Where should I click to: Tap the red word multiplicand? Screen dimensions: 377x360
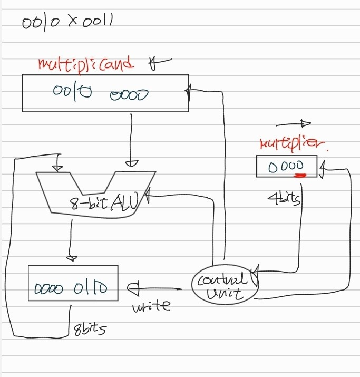pos(86,64)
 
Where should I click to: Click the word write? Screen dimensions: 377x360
pos(152,305)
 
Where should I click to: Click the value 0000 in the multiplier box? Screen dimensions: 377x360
pos(286,167)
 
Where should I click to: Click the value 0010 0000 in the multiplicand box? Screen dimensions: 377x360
pos(100,93)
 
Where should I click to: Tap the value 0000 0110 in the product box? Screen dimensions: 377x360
pos(71,288)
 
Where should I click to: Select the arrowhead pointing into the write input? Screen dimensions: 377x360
pos(132,288)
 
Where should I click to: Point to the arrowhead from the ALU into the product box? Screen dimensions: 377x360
pos(71,258)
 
